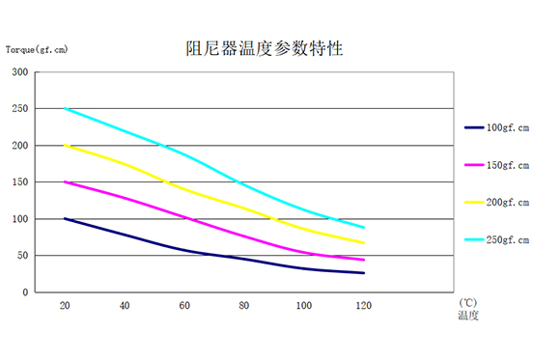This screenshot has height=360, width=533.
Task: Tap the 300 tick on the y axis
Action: pyautogui.click(x=19, y=72)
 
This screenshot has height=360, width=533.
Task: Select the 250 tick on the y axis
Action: pyautogui.click(x=19, y=109)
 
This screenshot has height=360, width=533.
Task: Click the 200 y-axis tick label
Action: pyautogui.click(x=19, y=146)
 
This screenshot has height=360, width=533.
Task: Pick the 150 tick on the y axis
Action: pyautogui.click(x=19, y=182)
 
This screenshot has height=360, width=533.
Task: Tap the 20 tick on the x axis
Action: pyautogui.click(x=65, y=305)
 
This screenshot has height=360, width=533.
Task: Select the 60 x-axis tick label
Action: pyautogui.click(x=184, y=305)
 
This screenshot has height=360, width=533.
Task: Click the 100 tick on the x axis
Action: pyautogui.click(x=304, y=305)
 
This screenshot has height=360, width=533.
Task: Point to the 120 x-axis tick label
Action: pyautogui.click(x=364, y=305)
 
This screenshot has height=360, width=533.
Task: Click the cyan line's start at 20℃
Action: pyautogui.click(x=65, y=109)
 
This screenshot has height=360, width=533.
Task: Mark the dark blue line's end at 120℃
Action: pyautogui.click(x=364, y=273)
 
